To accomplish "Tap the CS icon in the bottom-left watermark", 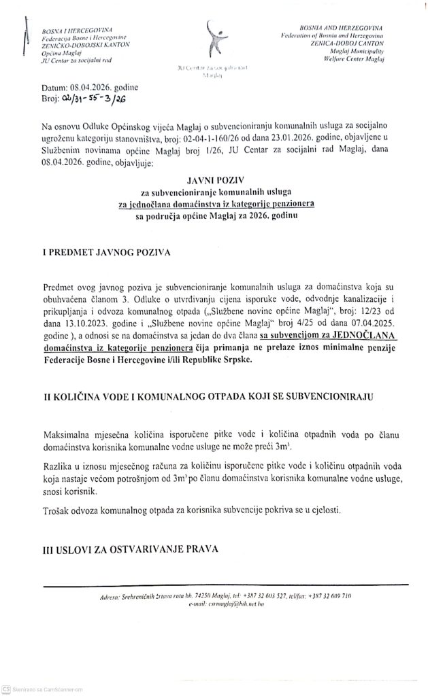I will click(x=5, y=689).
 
